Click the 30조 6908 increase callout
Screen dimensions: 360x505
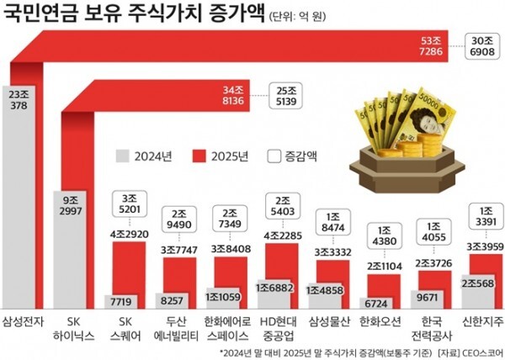tap(483, 47)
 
